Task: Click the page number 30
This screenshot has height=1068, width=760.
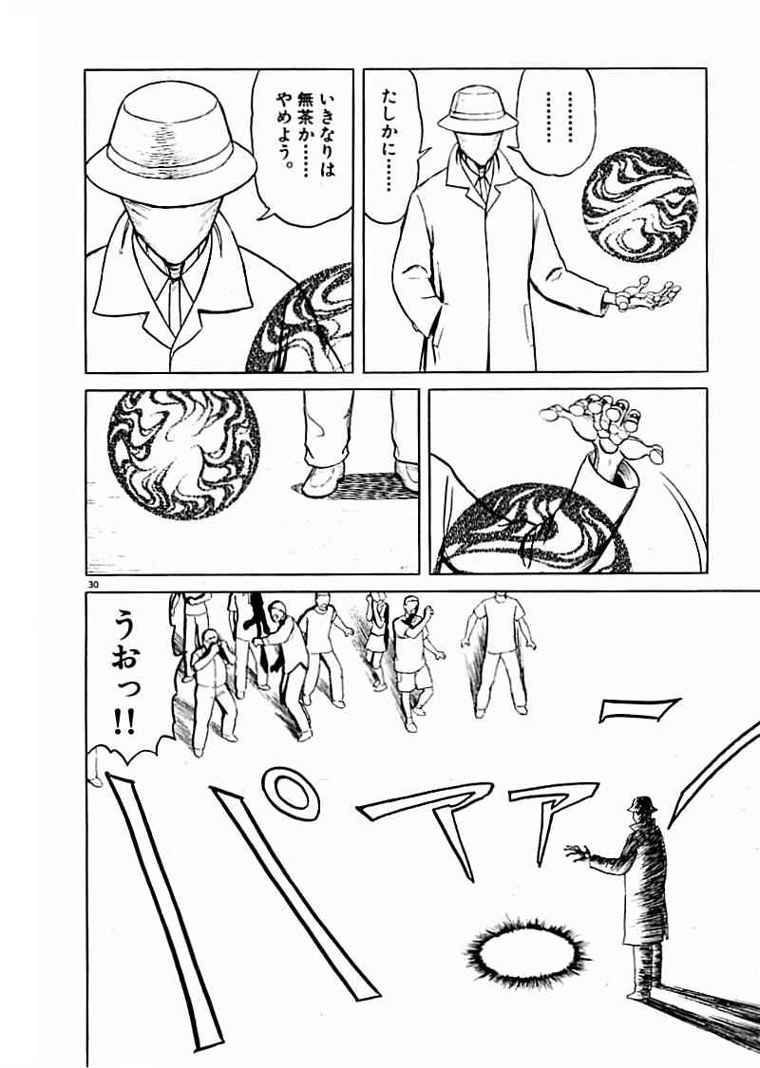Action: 93,585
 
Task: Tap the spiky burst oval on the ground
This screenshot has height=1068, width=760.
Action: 527,948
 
